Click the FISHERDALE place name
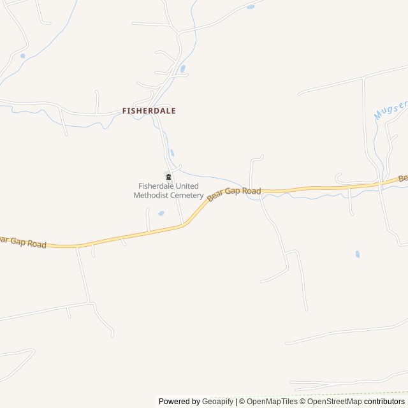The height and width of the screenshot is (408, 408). (x=149, y=110)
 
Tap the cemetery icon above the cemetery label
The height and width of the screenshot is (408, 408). (x=168, y=177)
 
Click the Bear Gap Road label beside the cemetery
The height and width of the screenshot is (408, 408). (x=234, y=193)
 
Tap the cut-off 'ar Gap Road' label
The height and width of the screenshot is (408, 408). (x=24, y=242)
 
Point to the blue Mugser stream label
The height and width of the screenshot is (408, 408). (x=386, y=114)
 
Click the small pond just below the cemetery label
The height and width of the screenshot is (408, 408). (x=161, y=213)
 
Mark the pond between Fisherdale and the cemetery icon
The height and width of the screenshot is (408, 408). (x=172, y=152)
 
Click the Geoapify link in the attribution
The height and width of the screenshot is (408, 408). (x=217, y=402)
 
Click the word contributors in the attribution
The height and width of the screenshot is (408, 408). (x=384, y=402)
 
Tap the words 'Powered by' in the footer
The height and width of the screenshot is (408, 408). (x=179, y=402)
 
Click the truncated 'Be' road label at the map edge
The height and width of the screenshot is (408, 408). (x=403, y=178)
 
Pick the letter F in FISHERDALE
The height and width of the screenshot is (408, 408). (x=124, y=110)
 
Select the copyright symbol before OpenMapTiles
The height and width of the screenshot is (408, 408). (x=241, y=402)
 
